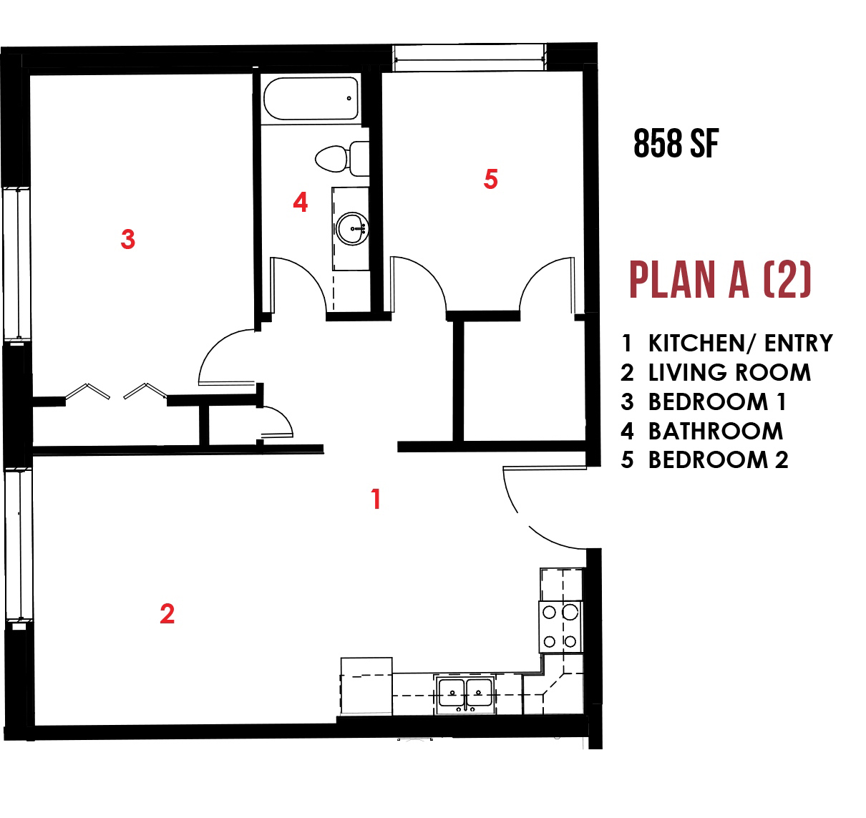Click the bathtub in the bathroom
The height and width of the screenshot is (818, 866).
(x=311, y=99)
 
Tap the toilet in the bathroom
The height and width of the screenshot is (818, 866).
(x=342, y=159)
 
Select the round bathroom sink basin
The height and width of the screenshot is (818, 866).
(x=352, y=229)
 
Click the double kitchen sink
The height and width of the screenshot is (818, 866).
(x=465, y=693)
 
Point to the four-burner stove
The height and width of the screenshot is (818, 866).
(x=560, y=627)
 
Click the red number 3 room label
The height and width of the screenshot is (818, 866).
(x=128, y=239)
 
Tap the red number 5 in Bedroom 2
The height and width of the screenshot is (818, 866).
(x=490, y=179)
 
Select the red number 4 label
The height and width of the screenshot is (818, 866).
(x=300, y=203)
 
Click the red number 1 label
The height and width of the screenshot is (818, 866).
(x=376, y=499)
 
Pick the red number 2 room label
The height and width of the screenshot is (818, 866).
(x=167, y=614)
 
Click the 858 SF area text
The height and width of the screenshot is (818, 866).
(x=676, y=143)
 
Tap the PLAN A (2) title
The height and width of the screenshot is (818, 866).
(x=720, y=280)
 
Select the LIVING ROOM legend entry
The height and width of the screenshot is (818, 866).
(x=716, y=373)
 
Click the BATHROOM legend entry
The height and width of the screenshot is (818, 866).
(x=702, y=432)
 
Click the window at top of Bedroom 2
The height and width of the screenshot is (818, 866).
(x=470, y=57)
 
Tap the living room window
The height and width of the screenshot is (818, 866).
(x=19, y=545)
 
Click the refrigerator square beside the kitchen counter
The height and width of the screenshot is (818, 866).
(x=366, y=686)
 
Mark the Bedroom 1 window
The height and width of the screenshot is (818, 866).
(x=16, y=264)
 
